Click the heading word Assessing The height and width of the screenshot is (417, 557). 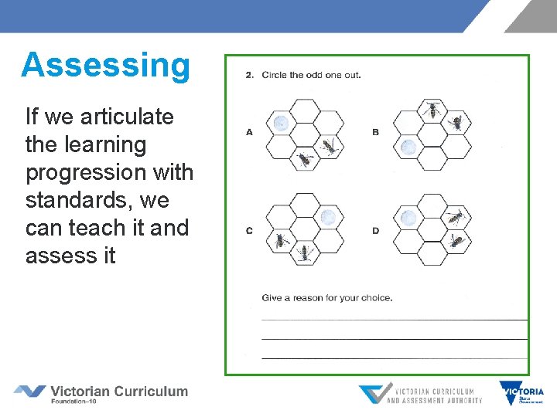tap(105, 65)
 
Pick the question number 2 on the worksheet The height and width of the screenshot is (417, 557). tap(249, 75)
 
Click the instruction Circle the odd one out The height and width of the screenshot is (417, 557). tap(311, 75)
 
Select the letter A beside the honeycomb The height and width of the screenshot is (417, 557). tap(249, 132)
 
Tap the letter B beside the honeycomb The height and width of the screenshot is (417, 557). tap(375, 132)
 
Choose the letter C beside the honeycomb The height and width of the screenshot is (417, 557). tap(249, 231)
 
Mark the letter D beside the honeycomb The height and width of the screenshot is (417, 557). tap(375, 231)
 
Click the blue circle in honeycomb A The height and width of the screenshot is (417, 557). tap(281, 122)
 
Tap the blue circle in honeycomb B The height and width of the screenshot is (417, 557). tap(408, 146)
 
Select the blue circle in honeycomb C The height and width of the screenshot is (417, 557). tap(329, 217)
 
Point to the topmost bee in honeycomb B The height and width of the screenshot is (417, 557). tap(432, 109)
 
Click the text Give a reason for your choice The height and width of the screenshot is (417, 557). tap(326, 297)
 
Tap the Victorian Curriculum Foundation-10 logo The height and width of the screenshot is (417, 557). tap(101, 393)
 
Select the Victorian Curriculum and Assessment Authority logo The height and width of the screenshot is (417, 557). tap(420, 394)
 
